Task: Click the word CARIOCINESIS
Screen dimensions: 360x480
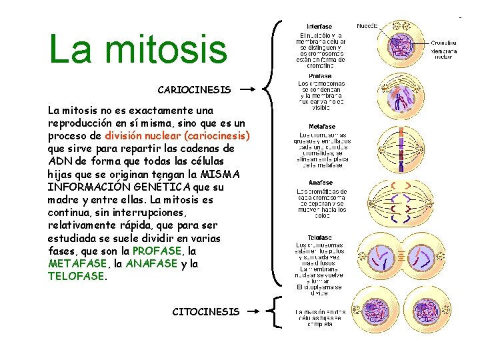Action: coord(194,89)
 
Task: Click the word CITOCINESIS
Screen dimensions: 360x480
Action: coord(205,311)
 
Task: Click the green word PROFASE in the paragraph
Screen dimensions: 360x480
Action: coord(157,251)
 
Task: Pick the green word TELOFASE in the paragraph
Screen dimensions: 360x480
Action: coord(76,276)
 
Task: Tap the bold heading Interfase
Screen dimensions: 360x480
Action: coord(319,27)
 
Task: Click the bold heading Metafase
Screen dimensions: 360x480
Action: coord(322,127)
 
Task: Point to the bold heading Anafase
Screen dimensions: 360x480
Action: coord(321,183)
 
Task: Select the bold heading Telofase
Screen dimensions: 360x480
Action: coord(321,237)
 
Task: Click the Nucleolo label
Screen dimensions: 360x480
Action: coord(367,27)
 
